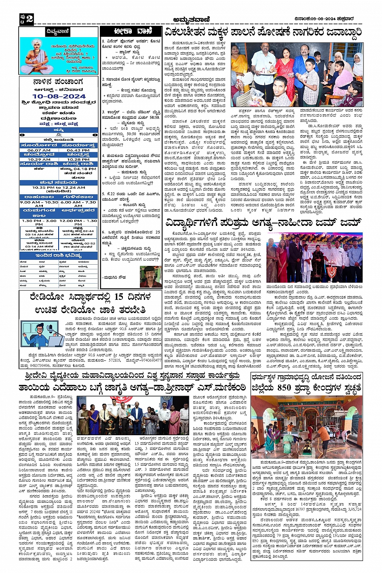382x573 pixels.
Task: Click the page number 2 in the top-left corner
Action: (x=30, y=19)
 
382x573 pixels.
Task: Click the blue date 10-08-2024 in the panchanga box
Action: (x=59, y=96)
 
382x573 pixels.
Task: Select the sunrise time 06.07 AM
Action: (x=39, y=150)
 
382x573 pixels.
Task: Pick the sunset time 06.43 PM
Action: (x=78, y=150)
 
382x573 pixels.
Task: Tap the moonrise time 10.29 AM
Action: (x=39, y=159)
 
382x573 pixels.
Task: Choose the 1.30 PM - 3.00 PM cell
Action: (x=39, y=221)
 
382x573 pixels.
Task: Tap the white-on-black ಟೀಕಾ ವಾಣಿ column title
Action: (x=132, y=32)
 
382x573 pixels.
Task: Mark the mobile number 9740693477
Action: (x=150, y=360)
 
